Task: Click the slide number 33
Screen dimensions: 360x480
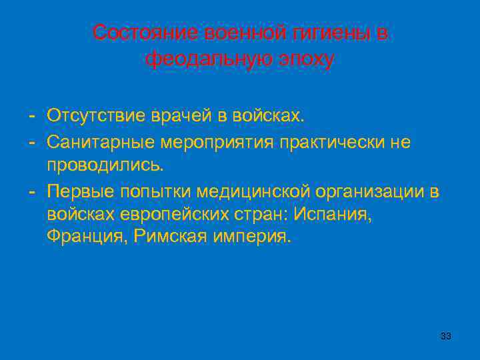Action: click(446, 336)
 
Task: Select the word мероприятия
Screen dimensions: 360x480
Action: click(217, 141)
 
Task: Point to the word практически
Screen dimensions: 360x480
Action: click(335, 141)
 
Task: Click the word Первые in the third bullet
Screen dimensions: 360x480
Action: click(80, 192)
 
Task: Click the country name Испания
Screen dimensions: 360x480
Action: click(335, 215)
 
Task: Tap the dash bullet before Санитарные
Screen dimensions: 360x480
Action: click(32, 141)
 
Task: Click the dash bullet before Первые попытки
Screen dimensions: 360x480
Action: click(32, 192)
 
